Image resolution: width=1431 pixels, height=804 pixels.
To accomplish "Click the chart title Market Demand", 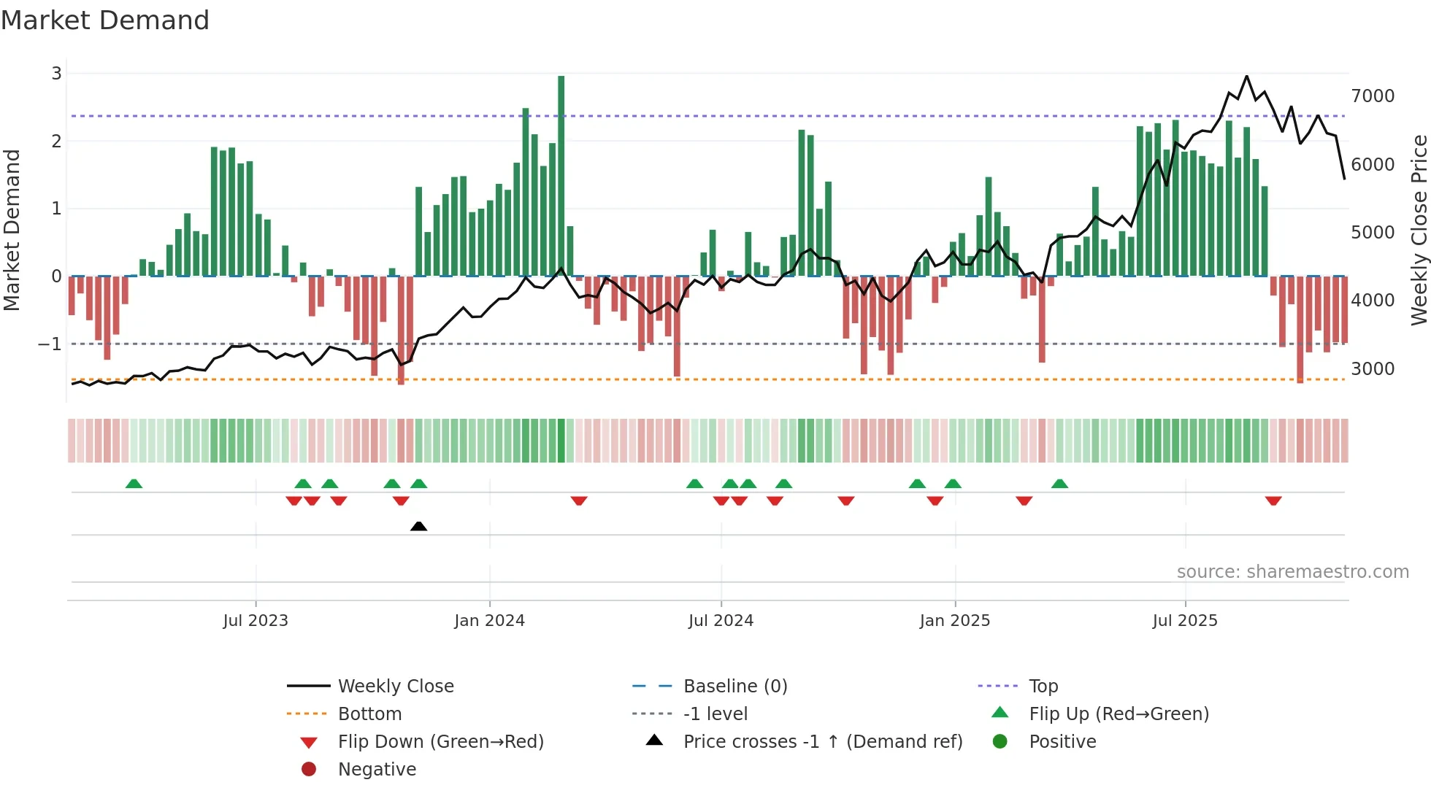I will coord(105,20).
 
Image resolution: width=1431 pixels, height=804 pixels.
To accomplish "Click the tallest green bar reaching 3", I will coord(561,175).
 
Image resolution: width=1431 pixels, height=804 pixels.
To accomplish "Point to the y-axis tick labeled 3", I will coord(56,73).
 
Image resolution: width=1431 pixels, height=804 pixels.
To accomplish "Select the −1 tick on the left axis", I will coord(50,344).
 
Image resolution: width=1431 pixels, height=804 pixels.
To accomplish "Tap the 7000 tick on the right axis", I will coord(1373,96).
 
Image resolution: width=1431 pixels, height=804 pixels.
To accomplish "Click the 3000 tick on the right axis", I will coord(1373,368).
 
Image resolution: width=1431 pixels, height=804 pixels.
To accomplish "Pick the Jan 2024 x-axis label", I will coord(489,621).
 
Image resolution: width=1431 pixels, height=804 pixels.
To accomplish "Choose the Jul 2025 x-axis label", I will coord(1185,621).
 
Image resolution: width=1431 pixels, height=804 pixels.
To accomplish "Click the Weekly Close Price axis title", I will coord(1419,230).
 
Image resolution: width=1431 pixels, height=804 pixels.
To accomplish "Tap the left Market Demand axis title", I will coord(12,230).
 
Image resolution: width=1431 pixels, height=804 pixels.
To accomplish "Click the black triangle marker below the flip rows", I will coord(418,526).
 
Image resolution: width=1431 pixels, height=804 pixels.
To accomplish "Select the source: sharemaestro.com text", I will coord(1292,572).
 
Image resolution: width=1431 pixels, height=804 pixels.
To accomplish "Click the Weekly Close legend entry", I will coord(395,686).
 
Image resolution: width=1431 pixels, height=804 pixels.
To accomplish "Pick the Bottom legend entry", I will coord(369,714).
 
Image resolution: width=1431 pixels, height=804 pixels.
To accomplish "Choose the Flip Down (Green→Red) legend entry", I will coord(440,741).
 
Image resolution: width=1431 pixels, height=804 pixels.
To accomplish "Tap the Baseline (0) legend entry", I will coord(734,686).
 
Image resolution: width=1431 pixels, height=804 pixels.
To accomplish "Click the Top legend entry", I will coord(1043,686).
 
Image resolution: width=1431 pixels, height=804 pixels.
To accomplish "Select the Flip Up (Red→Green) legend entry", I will coord(1119,714).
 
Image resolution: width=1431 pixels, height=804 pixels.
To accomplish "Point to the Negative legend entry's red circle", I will coord(309,769).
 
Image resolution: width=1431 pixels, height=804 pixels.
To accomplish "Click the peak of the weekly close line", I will coord(1246,76).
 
